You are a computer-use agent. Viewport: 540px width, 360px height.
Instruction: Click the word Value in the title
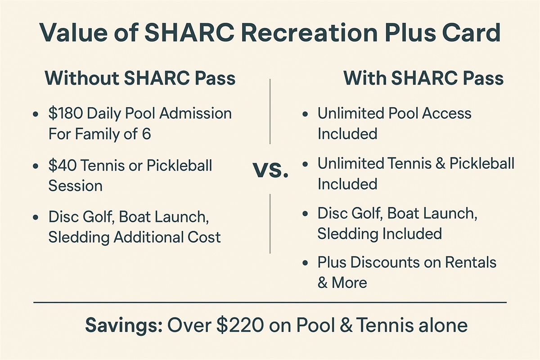pyautogui.click(x=73, y=33)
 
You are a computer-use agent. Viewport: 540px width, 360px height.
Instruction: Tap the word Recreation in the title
pyautogui.click(x=309, y=33)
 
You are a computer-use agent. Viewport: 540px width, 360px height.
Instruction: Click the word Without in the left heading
pyautogui.click(x=82, y=78)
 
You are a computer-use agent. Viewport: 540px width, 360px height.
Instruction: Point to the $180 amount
pyautogui.click(x=66, y=113)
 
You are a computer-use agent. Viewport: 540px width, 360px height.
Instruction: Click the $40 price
pyautogui.click(x=63, y=166)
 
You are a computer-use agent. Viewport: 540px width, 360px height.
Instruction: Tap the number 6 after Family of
pyautogui.click(x=146, y=134)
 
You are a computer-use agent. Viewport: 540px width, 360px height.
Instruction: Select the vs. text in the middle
pyautogui.click(x=270, y=170)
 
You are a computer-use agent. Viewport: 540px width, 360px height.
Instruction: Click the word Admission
pyautogui.click(x=195, y=113)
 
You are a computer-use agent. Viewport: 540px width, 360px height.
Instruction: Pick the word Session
pyautogui.click(x=76, y=186)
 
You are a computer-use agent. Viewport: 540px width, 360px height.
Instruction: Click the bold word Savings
pyautogui.click(x=124, y=325)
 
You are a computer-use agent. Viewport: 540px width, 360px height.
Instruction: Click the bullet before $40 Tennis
pyautogui.click(x=36, y=166)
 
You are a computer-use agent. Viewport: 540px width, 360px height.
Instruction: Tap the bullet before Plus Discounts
pyautogui.click(x=305, y=263)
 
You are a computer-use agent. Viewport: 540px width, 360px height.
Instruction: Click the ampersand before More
pyautogui.click(x=322, y=283)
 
